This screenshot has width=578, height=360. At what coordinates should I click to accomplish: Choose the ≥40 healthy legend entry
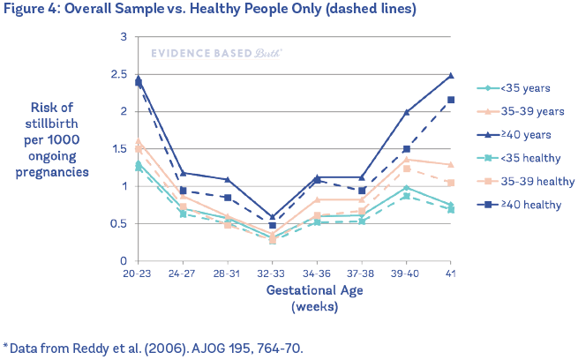click(532, 205)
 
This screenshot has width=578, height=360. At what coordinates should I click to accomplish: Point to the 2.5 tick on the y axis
click(118, 74)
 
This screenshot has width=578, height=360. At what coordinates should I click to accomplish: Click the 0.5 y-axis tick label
click(118, 224)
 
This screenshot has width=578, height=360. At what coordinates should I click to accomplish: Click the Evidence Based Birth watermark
click(216, 53)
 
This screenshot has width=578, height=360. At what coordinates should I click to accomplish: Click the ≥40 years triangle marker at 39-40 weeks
click(407, 112)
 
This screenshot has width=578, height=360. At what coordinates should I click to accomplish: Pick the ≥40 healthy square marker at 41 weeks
click(451, 100)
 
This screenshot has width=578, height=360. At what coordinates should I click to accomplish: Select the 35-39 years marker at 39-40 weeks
click(407, 160)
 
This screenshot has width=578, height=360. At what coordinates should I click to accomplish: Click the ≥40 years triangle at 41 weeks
click(451, 76)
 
